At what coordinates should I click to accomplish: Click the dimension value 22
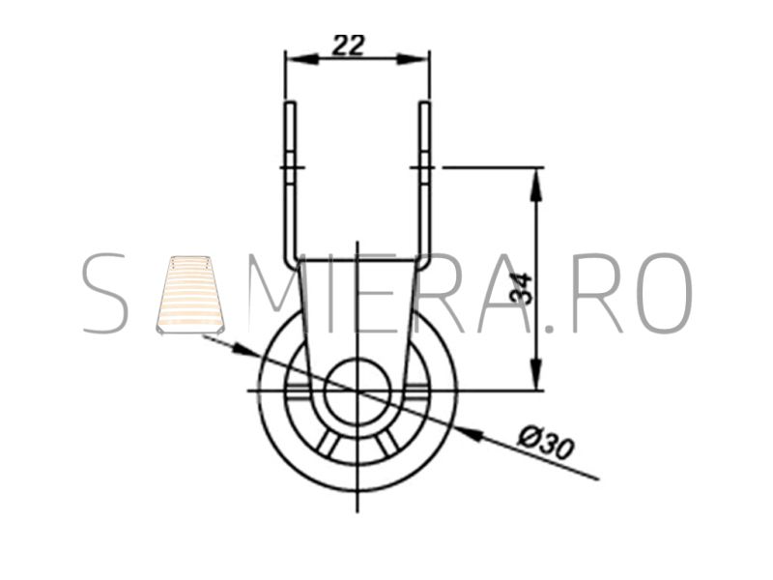pos(348,45)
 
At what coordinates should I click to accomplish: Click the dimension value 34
pos(521,288)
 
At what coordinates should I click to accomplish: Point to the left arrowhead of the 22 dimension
pos(301,59)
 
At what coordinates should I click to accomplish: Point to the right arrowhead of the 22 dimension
pos(414,59)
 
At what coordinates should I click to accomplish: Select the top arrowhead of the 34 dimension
pos(537,185)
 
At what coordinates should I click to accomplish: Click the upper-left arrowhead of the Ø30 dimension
pos(244,349)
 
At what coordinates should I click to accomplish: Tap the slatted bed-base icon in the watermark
pos(190,295)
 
